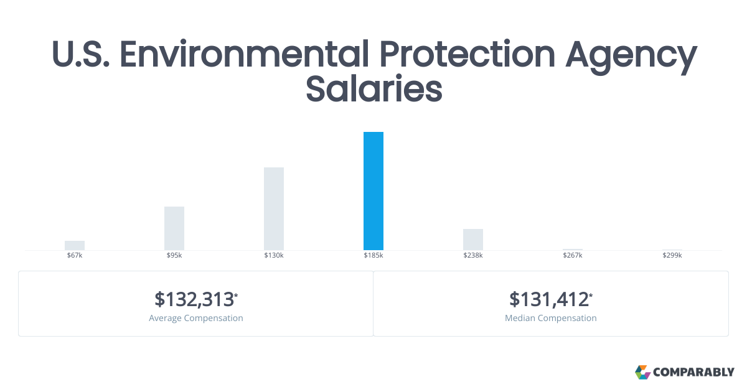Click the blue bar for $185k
coord(373,191)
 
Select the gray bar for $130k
coord(274,208)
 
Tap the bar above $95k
coord(174,228)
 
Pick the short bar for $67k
coord(75,245)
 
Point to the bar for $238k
coord(473,240)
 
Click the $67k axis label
coord(75,255)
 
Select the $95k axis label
coord(174,255)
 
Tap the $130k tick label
coord(274,255)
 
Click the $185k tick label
coord(373,255)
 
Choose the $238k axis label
coord(473,255)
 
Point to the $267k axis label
coord(573,255)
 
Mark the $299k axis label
coord(672,255)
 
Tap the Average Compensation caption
coord(195,318)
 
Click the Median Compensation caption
coord(550,318)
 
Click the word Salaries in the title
coord(374,88)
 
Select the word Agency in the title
coord(631,56)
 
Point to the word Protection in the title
coord(467,54)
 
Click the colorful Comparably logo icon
coord(642,372)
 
